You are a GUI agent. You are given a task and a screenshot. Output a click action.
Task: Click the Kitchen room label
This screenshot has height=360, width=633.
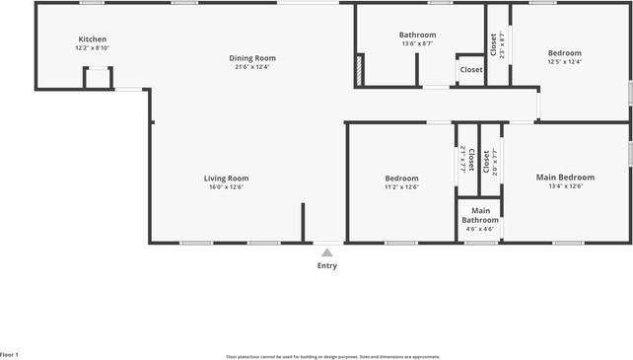[92, 39]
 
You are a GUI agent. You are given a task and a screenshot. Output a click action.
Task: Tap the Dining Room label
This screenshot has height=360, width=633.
[252, 58]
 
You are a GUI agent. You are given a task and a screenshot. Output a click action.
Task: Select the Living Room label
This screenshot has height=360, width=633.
[225, 179]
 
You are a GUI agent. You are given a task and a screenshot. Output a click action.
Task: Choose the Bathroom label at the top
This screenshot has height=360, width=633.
[417, 35]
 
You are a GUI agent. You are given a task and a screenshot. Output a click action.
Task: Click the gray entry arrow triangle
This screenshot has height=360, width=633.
[327, 252]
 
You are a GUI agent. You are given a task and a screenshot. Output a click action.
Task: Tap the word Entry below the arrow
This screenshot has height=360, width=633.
[327, 265]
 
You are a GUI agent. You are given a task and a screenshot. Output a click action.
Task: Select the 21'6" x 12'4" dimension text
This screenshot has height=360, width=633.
[252, 67]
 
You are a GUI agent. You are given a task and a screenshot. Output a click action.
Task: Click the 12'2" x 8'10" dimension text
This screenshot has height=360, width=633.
[92, 47]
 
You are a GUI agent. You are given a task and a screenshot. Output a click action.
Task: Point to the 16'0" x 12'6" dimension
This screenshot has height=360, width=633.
[225, 186]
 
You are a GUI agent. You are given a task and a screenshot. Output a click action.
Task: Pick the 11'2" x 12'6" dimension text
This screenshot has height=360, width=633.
[401, 186]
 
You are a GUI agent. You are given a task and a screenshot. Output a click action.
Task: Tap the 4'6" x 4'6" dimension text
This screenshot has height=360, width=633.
[480, 229]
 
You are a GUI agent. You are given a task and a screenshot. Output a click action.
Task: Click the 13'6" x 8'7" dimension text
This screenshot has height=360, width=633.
[417, 43]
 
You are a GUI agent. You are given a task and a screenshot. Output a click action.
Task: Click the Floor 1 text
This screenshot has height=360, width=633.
[10, 354]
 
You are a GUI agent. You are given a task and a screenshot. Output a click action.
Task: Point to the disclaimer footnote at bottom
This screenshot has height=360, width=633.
[333, 357]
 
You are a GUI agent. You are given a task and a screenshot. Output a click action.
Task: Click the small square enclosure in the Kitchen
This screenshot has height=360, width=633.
[97, 78]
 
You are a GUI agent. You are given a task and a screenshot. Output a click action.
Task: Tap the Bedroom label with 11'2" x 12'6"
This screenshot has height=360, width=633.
[401, 179]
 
